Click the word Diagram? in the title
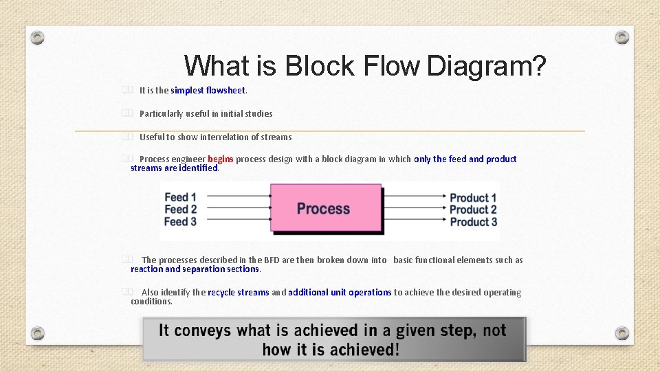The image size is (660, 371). pos(487,66)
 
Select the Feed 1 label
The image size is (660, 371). pos(180,197)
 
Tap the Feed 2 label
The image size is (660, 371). pos(180,209)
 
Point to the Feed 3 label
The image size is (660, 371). pos(180,221)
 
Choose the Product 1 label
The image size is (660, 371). pos(473,198)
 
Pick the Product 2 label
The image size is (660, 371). pos(473,210)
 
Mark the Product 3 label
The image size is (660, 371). pos(473,222)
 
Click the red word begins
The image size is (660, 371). pos(221,159)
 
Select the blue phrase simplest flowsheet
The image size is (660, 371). pos(208,90)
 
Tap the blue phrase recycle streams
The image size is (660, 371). pos(238,292)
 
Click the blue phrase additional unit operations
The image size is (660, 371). pos(340,292)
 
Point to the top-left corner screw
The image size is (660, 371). pos(38,37)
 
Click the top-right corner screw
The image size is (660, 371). pos(621,37)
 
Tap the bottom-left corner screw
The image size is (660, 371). pos(38,333)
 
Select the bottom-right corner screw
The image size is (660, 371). pos(621,333)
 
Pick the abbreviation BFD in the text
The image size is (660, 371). pos(272,260)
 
